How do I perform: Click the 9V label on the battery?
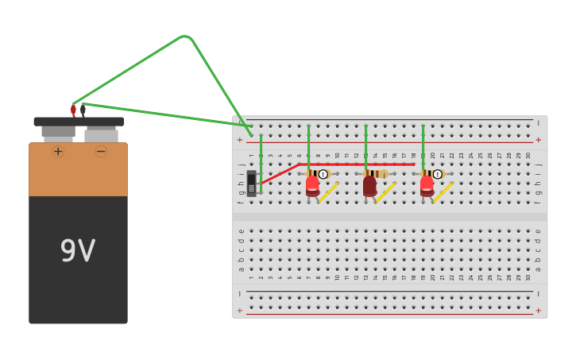pos(78,252)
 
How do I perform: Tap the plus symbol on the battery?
pos(58,151)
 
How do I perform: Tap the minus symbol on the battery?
pos(101,151)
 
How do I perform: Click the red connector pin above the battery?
pos(73,110)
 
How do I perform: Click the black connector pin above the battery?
pos(83,110)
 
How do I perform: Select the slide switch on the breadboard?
pos(251,183)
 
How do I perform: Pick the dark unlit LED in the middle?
pos(369,186)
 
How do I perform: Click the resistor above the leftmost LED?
pos(314,173)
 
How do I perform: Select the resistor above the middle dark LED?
pos(374,173)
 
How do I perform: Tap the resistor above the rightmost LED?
pos(429,173)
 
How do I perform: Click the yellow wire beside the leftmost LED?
pos(329,192)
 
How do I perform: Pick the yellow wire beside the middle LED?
pos(386,192)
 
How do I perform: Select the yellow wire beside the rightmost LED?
pos(443,192)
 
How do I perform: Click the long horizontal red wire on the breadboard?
pos(358,165)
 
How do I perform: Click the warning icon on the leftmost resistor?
pos(323,174)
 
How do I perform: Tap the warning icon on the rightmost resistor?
pos(437,174)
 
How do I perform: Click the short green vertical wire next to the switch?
pos(261,155)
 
